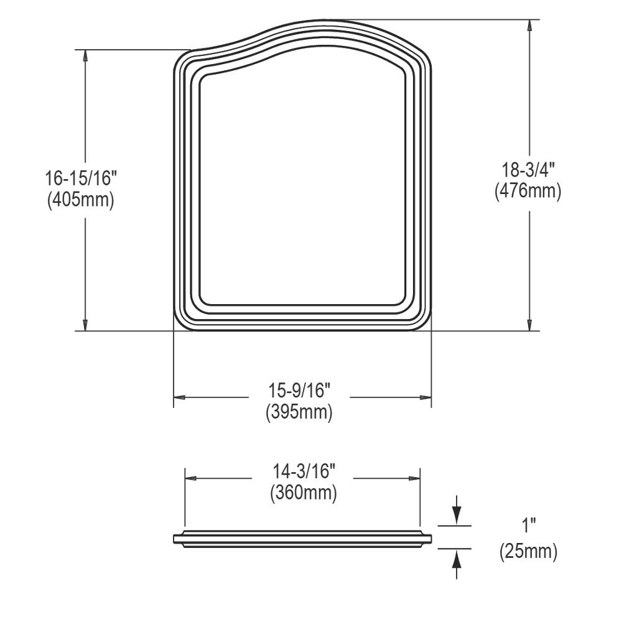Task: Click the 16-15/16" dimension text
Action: [x=81, y=179]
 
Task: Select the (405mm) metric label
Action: [x=81, y=201]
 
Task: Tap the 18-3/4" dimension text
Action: [x=528, y=169]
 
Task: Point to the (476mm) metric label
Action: [x=528, y=192]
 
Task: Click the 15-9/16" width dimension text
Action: [x=299, y=390]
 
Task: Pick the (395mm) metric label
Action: [x=299, y=412]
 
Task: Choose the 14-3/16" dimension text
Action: [x=303, y=471]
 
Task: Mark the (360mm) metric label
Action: [x=303, y=493]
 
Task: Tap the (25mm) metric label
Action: [x=528, y=551]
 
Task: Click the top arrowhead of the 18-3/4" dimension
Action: [x=529, y=26]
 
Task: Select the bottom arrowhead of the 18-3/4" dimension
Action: [x=529, y=325]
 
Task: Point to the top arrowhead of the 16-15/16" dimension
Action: [x=86, y=55]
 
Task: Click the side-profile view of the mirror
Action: [x=303, y=538]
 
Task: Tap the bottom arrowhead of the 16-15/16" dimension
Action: [x=86, y=325]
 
